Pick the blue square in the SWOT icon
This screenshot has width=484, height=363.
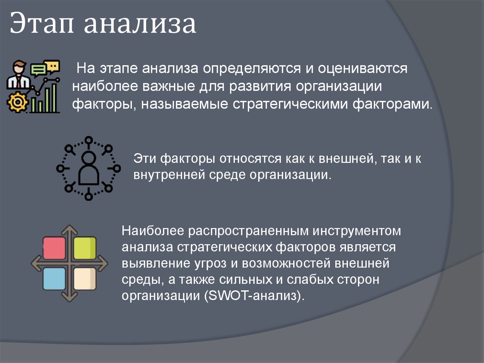click(54, 278)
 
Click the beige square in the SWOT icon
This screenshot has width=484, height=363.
click(85, 278)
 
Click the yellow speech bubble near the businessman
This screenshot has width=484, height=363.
click(52, 65)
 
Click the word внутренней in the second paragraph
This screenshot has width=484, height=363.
click(168, 174)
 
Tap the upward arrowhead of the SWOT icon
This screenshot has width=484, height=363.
click(69, 229)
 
